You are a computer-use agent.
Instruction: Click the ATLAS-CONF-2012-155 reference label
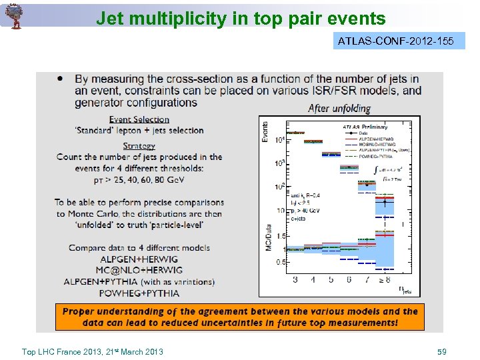[396, 41]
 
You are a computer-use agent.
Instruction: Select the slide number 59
[441, 351]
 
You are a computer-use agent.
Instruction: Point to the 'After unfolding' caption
[339, 108]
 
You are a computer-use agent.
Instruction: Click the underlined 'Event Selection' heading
[139, 119]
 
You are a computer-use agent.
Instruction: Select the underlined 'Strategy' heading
[139, 146]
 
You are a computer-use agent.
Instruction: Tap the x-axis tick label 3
[295, 280]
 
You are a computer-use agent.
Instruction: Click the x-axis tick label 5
[331, 280]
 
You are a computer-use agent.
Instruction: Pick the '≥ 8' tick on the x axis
[384, 280]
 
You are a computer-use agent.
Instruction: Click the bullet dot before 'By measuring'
[61, 79]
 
